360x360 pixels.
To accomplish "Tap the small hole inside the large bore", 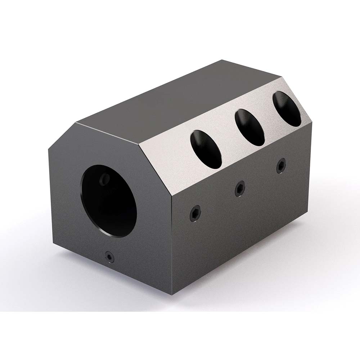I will click(x=105, y=179).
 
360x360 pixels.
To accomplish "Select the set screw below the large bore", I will click(x=109, y=256).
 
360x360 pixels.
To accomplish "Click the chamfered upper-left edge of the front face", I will click(x=62, y=137).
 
